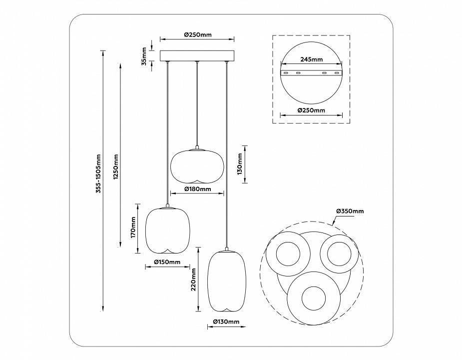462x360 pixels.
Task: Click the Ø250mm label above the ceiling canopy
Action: click(x=197, y=35)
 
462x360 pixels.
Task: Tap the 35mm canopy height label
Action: click(x=144, y=55)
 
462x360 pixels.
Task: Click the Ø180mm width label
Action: click(x=197, y=189)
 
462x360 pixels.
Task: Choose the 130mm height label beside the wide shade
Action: click(x=239, y=163)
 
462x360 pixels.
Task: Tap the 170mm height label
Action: click(x=133, y=227)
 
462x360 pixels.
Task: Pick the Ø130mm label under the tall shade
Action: click(x=226, y=321)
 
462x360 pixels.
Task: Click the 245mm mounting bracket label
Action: click(x=311, y=59)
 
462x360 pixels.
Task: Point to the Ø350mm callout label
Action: click(x=350, y=211)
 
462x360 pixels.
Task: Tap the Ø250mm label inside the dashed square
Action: click(x=311, y=110)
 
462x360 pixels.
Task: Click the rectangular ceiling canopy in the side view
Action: click(x=197, y=55)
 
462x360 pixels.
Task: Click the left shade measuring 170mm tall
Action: click(x=167, y=230)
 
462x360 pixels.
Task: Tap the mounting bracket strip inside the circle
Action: click(x=311, y=73)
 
